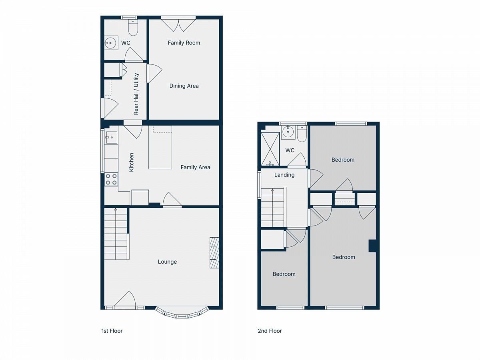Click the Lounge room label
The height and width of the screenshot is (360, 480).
pyautogui.click(x=167, y=262)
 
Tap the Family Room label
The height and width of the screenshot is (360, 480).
pyautogui.click(x=184, y=43)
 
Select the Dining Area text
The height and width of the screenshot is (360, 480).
pyautogui.click(x=184, y=86)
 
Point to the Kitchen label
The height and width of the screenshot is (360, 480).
pyautogui.click(x=131, y=162)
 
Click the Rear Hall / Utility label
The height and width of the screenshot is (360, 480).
pyautogui.click(x=136, y=94)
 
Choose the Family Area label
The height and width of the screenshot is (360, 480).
pyautogui.click(x=195, y=168)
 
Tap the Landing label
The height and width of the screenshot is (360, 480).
pyautogui.click(x=284, y=175)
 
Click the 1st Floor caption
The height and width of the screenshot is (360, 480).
pyautogui.click(x=112, y=331)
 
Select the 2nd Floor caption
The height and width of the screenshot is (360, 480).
pyautogui.click(x=270, y=331)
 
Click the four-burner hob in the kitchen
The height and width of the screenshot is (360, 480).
pyautogui.click(x=111, y=180)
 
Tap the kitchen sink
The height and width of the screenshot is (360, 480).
pyautogui.click(x=111, y=138)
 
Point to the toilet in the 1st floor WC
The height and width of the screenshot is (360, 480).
pyautogui.click(x=133, y=28)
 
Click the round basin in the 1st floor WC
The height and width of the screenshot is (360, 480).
pyautogui.click(x=111, y=43)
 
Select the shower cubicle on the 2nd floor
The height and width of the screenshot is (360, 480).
pyautogui.click(x=270, y=149)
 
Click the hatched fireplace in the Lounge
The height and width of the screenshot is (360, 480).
pyautogui.click(x=214, y=253)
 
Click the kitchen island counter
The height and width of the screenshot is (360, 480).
pyautogui.click(x=160, y=147)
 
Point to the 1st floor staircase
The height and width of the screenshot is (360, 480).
pyautogui.click(x=116, y=234)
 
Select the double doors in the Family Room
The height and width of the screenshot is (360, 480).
pyautogui.click(x=178, y=25)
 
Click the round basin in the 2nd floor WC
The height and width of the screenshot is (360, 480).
pyautogui.click(x=288, y=132)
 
